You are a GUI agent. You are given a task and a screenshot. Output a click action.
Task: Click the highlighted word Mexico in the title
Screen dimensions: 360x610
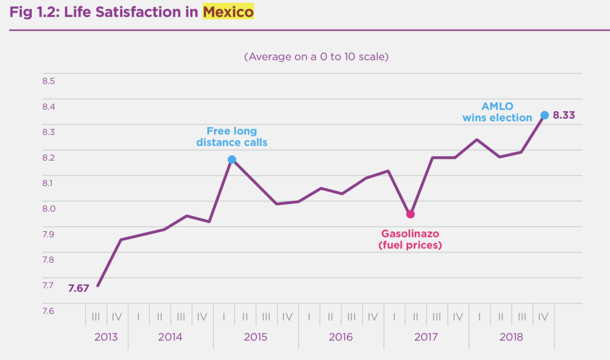pos(228,12)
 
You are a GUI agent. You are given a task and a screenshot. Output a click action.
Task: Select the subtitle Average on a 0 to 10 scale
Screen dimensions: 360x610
pos(316,57)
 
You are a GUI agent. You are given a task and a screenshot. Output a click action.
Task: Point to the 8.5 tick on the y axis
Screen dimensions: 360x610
pos(49,81)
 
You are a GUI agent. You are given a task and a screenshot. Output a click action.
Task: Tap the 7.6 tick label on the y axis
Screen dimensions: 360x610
pos(49,311)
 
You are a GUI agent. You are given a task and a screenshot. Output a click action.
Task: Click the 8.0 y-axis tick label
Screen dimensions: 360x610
pos(49,209)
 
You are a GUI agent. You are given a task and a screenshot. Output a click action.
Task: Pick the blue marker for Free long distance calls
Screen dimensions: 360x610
pos(232,160)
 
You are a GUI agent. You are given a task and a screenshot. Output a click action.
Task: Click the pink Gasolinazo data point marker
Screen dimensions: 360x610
pos(410,214)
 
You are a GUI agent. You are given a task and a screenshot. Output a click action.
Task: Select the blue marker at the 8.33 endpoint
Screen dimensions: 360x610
pos(545,115)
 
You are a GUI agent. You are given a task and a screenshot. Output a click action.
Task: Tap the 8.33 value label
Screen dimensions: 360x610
pos(564,115)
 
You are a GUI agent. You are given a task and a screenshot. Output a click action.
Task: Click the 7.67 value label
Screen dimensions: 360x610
pos(79,288)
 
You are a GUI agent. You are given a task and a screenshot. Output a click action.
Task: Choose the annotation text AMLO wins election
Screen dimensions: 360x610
pos(497,112)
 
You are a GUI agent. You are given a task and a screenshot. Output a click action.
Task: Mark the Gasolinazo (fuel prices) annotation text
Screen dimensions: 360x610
pos(410,240)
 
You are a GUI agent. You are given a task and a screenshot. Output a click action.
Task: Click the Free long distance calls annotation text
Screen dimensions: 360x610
pos(232,137)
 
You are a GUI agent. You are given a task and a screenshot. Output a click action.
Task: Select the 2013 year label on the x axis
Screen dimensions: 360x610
pos(106,337)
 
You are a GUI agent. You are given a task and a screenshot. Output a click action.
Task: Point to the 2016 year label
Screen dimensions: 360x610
pos(341,337)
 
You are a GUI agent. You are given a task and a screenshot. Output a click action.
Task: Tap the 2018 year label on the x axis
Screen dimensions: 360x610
pos(511,337)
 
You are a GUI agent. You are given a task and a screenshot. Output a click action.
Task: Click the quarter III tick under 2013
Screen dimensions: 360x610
pos(96,316)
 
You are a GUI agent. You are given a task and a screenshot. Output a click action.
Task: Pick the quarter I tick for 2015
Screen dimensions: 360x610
pos(224,316)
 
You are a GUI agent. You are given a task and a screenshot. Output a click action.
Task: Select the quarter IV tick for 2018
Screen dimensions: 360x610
pos(543,316)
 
